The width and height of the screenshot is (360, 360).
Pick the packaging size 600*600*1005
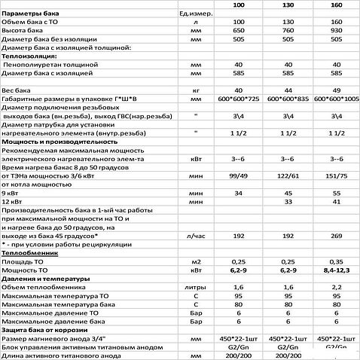point(338,98)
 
